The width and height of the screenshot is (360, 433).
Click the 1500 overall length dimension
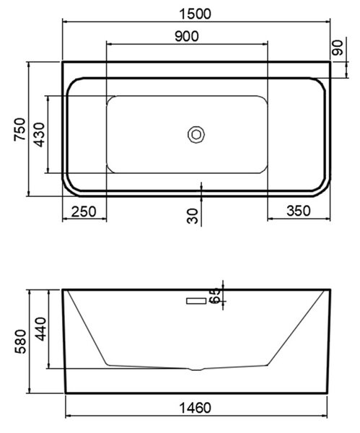coord(195,14)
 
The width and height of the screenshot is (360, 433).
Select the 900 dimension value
coord(187,36)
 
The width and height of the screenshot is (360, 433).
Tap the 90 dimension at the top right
coord(338,48)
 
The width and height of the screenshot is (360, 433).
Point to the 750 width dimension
coord(20,129)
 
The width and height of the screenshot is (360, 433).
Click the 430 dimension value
coord(39,134)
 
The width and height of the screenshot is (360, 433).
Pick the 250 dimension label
coord(84,211)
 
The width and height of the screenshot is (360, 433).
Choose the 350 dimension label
coord(299,211)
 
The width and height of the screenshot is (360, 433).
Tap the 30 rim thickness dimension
coord(193,216)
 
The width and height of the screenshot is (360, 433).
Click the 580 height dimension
coord(21,341)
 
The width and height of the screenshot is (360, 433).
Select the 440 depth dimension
coord(40,329)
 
